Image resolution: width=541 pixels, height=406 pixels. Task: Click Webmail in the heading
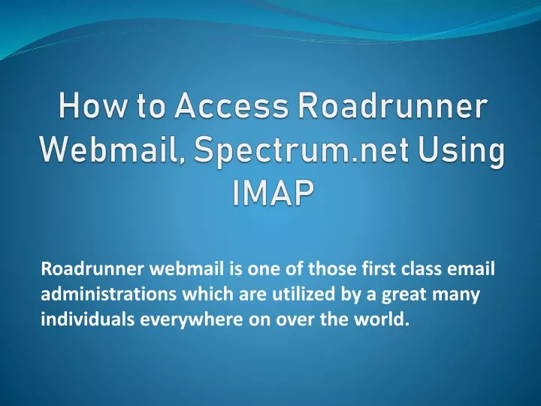tap(112, 154)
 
